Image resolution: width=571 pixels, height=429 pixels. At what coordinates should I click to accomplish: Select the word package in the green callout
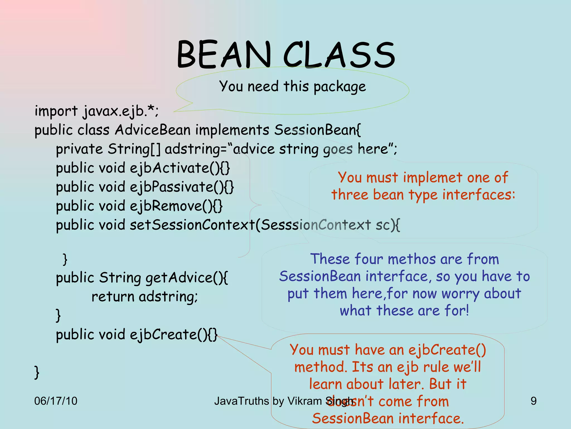[340, 87]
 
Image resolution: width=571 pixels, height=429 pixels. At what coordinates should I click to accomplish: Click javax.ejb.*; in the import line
[120, 111]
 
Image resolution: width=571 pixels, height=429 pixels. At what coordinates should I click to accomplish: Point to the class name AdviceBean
[153, 130]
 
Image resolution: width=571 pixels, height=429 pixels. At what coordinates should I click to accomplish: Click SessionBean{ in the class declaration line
[317, 130]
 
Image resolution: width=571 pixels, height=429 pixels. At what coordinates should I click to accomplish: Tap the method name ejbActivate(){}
[180, 168]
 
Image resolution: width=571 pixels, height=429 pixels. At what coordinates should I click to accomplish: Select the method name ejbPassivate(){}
[182, 187]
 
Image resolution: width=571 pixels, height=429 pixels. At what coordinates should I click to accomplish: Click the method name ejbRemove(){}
[176, 206]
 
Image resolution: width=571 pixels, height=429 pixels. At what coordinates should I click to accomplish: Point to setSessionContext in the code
[192, 225]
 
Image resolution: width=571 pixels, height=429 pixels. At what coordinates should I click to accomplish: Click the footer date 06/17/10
[56, 401]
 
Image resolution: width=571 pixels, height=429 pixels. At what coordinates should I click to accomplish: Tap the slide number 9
[533, 401]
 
